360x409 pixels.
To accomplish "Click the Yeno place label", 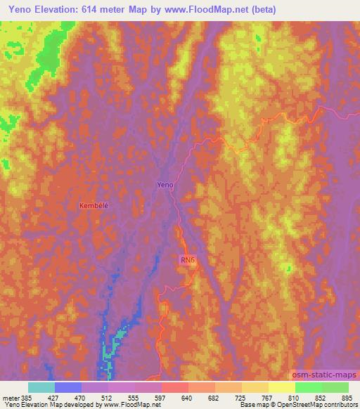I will tap(165, 185).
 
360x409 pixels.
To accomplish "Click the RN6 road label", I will tap(186, 260).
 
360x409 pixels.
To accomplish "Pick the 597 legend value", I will tap(159, 397).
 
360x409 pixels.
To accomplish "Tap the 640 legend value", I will tap(186, 397).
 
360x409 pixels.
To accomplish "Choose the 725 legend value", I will tap(239, 397).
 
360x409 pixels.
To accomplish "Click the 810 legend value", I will tap(292, 397).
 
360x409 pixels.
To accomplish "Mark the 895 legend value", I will tap(346, 397).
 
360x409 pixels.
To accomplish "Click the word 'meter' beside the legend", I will tap(10, 397).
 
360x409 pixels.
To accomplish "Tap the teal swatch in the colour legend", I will tap(41, 387).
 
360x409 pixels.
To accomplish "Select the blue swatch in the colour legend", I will tap(68, 387).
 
